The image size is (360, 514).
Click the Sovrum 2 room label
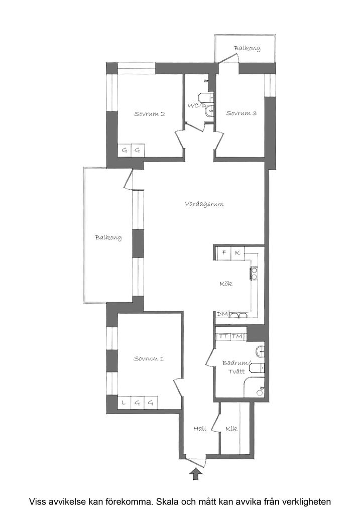(x=149, y=114)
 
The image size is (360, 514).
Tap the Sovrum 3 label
(x=241, y=113)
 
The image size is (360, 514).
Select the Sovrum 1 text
(x=148, y=358)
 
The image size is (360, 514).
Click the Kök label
(x=226, y=284)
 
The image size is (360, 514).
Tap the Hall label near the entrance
(x=200, y=428)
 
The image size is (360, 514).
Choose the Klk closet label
(x=231, y=428)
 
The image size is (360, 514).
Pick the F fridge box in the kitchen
(x=224, y=253)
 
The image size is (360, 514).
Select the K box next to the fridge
(x=237, y=253)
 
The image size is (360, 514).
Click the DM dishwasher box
(x=222, y=314)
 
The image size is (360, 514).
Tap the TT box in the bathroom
(x=223, y=337)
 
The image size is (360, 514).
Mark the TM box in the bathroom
(x=237, y=337)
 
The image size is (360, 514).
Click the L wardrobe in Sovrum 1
(x=124, y=402)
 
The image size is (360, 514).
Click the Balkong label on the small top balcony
(x=247, y=48)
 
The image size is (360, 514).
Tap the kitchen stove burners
(x=254, y=274)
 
